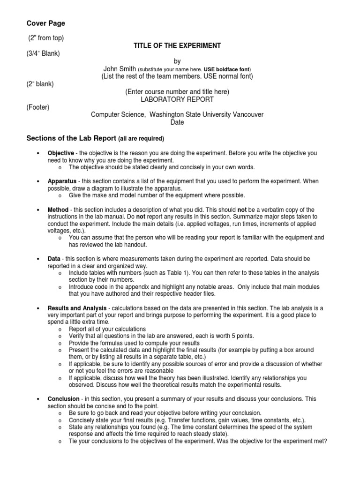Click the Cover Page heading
tap(45, 23)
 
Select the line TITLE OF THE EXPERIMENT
tap(177, 45)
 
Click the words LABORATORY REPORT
tap(177, 99)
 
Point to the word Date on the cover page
tap(177, 122)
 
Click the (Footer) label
tap(37, 107)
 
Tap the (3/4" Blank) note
tap(43, 53)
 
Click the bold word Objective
tap(60, 153)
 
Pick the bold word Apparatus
tap(61, 181)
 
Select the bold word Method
tap(58, 210)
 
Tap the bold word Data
tap(54, 259)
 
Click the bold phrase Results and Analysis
tap(77, 308)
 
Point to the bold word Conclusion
tap(63, 399)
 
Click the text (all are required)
tap(141, 139)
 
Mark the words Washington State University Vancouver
tap(206, 114)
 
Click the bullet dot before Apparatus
tap(37, 181)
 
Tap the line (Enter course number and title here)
tap(177, 92)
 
